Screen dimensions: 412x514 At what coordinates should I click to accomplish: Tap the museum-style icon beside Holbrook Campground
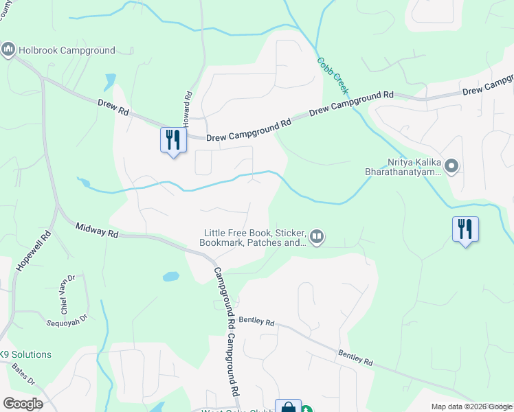(x=8, y=49)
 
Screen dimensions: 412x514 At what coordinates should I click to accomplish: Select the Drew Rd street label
(x=113, y=107)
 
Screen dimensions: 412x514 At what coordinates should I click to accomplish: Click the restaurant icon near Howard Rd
(x=173, y=140)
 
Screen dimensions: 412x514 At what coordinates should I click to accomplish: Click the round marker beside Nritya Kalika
(x=451, y=165)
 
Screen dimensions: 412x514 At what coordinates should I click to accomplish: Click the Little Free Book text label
(x=254, y=238)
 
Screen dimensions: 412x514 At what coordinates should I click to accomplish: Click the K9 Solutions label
(x=25, y=354)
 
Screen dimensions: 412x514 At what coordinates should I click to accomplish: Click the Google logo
(x=23, y=403)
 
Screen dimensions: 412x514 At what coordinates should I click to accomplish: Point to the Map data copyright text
(x=471, y=407)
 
